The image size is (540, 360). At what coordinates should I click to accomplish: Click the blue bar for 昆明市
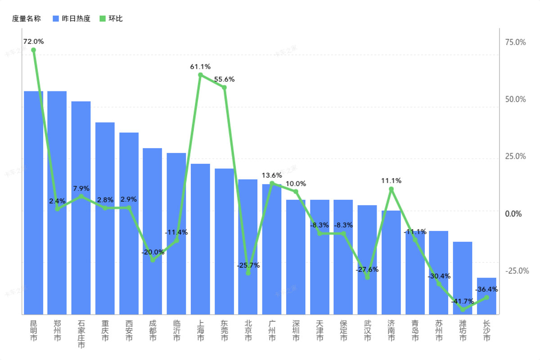click(33, 202)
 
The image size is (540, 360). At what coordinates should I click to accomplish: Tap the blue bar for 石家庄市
click(81, 207)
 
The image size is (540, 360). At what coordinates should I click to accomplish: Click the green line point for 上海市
click(200, 75)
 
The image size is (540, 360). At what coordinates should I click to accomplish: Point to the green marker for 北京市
click(248, 273)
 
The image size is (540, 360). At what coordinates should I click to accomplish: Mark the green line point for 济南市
click(391, 189)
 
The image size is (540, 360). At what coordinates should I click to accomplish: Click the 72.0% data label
click(33, 41)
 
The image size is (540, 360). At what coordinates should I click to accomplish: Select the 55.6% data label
click(224, 79)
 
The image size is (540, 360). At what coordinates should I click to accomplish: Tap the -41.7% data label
click(462, 301)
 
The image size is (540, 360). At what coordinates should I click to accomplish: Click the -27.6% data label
click(367, 270)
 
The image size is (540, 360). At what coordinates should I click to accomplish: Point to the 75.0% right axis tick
click(516, 42)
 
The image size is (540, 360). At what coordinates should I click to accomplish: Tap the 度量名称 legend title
click(26, 18)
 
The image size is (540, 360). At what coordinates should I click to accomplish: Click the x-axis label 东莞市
click(224, 330)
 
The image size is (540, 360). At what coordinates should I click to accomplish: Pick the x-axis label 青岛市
click(415, 330)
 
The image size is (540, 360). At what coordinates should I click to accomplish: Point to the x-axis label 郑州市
click(57, 330)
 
